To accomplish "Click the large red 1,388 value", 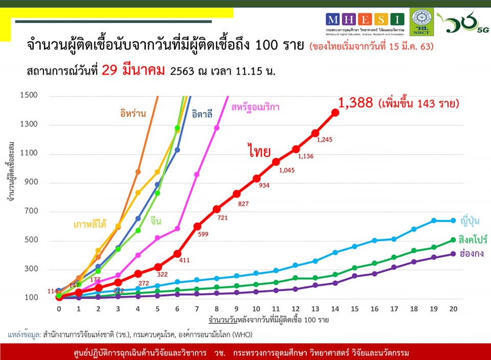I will click(356, 103).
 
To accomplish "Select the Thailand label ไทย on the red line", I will click(259, 151).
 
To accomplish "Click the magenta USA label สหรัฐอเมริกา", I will click(258, 107).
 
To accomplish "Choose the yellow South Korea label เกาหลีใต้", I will click(90, 224).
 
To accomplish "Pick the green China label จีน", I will click(156, 221).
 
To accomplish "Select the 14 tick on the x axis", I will click(335, 308).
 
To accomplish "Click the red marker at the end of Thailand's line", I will click(336, 112).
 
